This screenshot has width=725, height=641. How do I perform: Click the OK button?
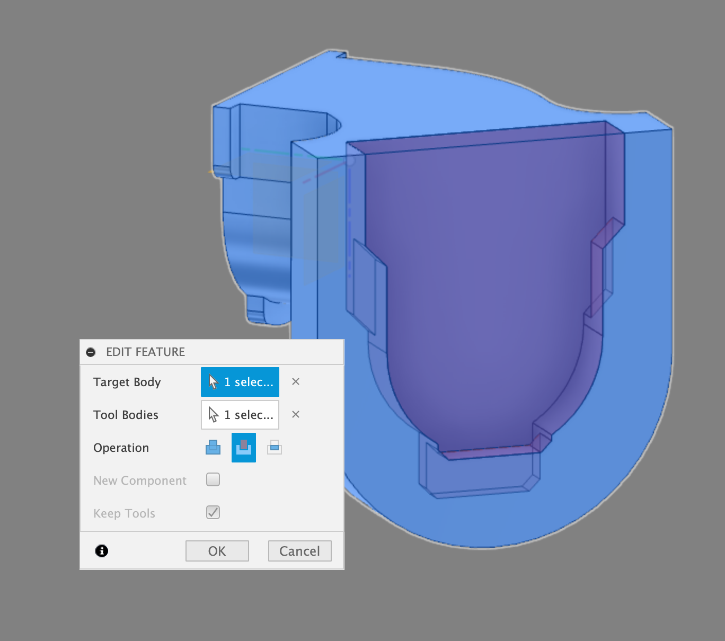tap(217, 551)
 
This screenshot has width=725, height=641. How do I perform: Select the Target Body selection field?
tap(240, 381)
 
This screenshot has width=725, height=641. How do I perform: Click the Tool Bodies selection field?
tap(240, 415)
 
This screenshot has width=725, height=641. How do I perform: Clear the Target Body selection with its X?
tap(296, 381)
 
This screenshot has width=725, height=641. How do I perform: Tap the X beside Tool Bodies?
tap(296, 415)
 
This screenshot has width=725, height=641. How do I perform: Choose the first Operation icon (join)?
tap(213, 448)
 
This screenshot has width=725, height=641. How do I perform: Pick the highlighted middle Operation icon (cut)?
tap(244, 448)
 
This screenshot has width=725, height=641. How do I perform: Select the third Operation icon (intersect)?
tap(275, 448)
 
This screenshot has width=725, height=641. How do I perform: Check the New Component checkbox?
tap(213, 479)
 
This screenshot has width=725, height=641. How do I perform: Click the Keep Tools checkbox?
tap(213, 513)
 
